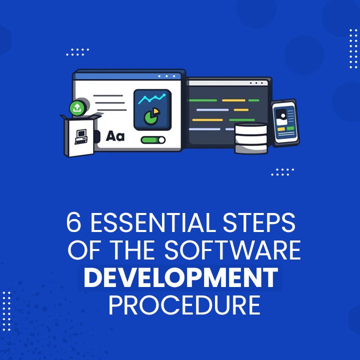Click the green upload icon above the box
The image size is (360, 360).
pos(76,107)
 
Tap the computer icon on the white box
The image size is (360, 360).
pos(80,136)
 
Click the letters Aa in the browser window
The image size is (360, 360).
pos(115,136)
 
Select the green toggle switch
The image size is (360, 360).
pos(153,140)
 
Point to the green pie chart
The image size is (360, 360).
pos(149,117)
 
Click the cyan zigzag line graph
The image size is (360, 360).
pos(152,99)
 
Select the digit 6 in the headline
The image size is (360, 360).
pos(73,223)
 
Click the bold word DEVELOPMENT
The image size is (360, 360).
pos(180,278)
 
